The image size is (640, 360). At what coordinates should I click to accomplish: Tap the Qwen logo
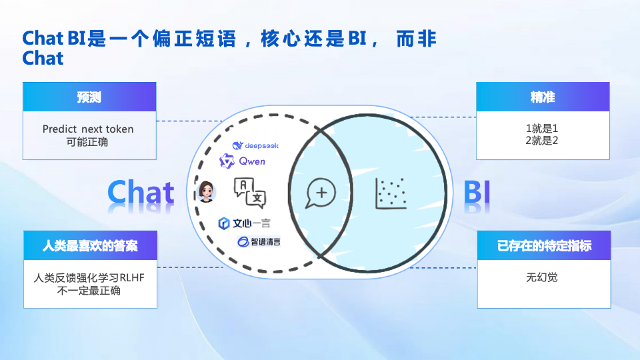243,161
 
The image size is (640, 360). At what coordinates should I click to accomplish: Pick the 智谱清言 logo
259,241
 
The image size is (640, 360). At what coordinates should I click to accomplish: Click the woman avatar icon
207,192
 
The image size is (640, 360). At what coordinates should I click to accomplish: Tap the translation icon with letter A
250,192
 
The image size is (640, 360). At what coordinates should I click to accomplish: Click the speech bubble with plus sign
321,193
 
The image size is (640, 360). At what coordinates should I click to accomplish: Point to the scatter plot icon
391,193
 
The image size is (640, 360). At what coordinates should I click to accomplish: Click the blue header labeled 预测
89,97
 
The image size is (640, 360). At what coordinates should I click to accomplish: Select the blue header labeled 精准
543,97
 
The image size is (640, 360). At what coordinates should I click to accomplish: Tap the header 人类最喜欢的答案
90,246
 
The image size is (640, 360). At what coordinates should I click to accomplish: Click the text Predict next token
88,129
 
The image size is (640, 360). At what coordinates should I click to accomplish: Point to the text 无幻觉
542,277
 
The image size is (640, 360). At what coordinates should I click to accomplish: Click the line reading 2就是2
542,141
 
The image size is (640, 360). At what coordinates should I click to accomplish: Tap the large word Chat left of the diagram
141,192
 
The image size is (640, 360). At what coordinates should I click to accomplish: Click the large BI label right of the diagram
477,192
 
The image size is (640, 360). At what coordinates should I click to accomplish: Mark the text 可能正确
87,142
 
